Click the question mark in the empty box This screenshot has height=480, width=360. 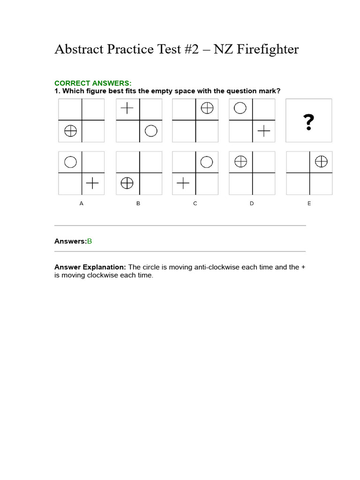pos(308,122)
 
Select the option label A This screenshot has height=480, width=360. pos(82,203)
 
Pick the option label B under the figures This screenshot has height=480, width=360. pos(138,203)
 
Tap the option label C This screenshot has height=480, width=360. pos(195,203)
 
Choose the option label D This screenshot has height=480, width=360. pos(252,203)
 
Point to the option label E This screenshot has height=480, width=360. pos(309,203)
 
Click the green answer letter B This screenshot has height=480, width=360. pos(90,241)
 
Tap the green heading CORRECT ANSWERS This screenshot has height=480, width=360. pos(93,83)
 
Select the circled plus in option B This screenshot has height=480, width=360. pos(127,184)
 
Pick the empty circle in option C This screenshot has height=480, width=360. pos(207,162)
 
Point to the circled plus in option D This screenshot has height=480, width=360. pos(240,162)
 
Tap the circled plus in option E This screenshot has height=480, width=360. pos(321,162)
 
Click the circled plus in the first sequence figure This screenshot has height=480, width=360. pos(70,131)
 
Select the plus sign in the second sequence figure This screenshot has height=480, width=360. pos(127,109)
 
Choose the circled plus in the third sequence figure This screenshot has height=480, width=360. pos(207,109)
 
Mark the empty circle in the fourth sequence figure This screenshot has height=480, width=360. pos(240,109)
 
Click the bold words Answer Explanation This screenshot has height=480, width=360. pos(90,267)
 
